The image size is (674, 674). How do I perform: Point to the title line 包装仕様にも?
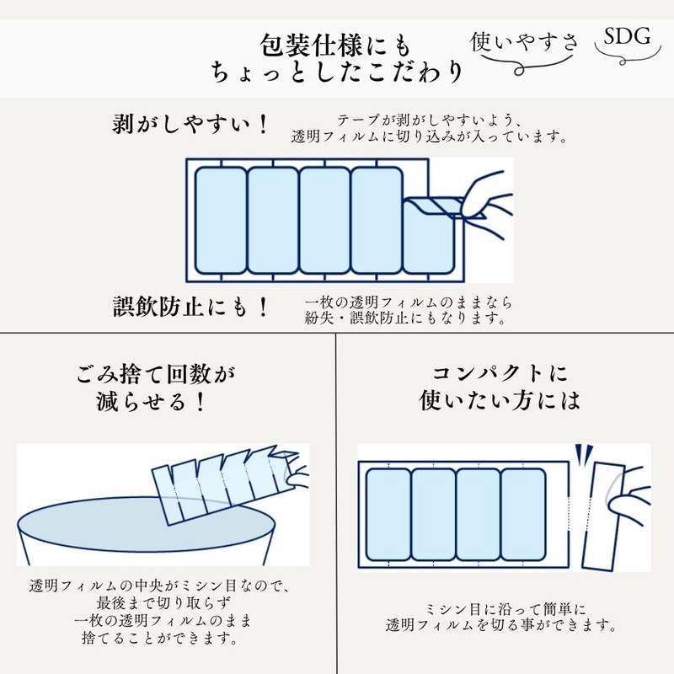(x=337, y=42)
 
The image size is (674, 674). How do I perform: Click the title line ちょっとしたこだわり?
(x=337, y=73)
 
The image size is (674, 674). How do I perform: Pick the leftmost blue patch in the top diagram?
(x=219, y=219)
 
